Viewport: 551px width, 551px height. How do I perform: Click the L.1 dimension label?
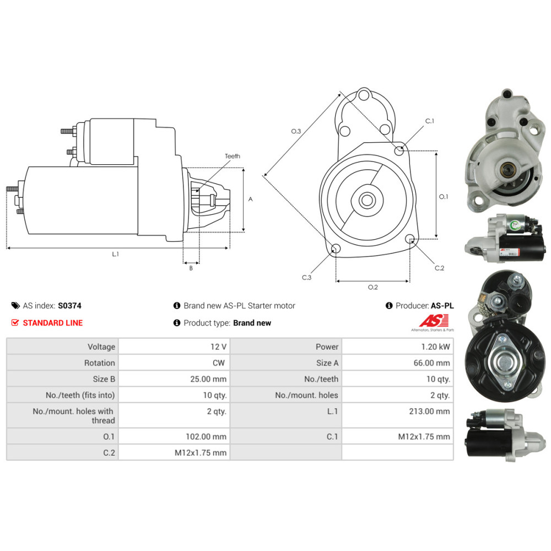click(x=116, y=255)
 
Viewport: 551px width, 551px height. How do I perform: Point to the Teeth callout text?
click(x=233, y=156)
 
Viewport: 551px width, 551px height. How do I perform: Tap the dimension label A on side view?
click(x=250, y=199)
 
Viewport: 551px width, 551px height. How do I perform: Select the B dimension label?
click(x=191, y=269)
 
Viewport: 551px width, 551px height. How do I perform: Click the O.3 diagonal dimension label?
click(x=296, y=131)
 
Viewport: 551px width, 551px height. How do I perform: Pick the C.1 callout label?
click(x=430, y=121)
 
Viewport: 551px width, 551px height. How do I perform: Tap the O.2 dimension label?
click(x=373, y=287)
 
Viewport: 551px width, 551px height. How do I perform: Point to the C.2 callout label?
click(x=439, y=268)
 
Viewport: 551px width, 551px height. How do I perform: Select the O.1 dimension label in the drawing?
click(x=444, y=196)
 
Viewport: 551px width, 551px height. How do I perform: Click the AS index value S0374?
click(x=69, y=306)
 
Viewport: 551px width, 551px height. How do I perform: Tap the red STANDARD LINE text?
click(x=53, y=323)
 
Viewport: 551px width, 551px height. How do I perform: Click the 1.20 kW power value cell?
click(x=435, y=347)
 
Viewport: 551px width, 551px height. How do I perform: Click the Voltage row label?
click(x=101, y=347)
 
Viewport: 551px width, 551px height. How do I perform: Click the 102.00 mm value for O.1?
click(x=207, y=436)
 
